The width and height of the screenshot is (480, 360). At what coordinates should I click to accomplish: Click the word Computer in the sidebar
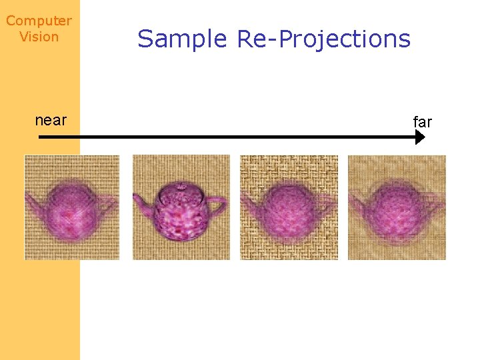click(x=39, y=21)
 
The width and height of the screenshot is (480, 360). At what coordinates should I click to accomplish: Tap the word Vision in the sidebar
click(x=39, y=37)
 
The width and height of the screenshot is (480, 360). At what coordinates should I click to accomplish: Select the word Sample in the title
click(x=182, y=39)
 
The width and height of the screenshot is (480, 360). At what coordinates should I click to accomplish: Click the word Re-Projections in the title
click(x=323, y=39)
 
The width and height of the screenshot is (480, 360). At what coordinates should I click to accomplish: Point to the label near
click(x=51, y=120)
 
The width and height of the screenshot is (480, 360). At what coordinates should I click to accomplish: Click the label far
click(x=423, y=122)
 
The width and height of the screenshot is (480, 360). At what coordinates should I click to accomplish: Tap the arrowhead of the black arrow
click(x=419, y=137)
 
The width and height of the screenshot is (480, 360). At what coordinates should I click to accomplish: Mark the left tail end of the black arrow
click(x=41, y=137)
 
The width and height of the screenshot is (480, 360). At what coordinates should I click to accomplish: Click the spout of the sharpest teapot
click(x=141, y=200)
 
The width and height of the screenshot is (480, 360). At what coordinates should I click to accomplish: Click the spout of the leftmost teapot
click(x=33, y=199)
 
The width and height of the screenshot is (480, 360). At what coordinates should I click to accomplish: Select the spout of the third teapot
click(x=249, y=200)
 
